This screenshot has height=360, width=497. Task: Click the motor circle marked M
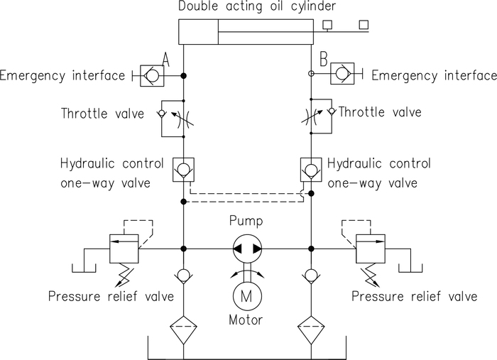pos(247,295)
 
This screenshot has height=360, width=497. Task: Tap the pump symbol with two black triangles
pos(247,249)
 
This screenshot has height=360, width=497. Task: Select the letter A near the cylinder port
pos(165,60)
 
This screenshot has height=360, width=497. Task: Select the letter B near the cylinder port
pos(323,59)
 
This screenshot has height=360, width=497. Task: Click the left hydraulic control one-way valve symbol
pos(183,170)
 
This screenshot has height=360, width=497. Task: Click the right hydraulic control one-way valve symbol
pos(311,170)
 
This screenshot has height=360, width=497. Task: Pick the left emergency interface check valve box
pos(152,76)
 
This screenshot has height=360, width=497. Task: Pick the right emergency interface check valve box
pos(342,74)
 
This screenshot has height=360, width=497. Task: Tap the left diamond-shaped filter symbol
pos(183,329)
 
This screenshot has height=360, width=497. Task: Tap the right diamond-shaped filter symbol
pos(311,329)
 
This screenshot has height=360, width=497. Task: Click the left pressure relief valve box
pos(124,249)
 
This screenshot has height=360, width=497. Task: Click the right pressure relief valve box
pos(371,249)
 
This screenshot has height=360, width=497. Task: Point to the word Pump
pos(246,221)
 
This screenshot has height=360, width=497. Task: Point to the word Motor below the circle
pos(246,320)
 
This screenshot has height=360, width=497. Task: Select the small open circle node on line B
pos(311,74)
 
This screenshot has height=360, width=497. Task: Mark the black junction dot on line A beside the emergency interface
pos(183,76)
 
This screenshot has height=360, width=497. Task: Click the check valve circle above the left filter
pos(183,275)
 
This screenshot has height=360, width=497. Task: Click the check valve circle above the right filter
pos(311,275)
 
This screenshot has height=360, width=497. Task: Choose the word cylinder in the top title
pos(313,6)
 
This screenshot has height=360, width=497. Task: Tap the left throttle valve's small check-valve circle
pos(162,113)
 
